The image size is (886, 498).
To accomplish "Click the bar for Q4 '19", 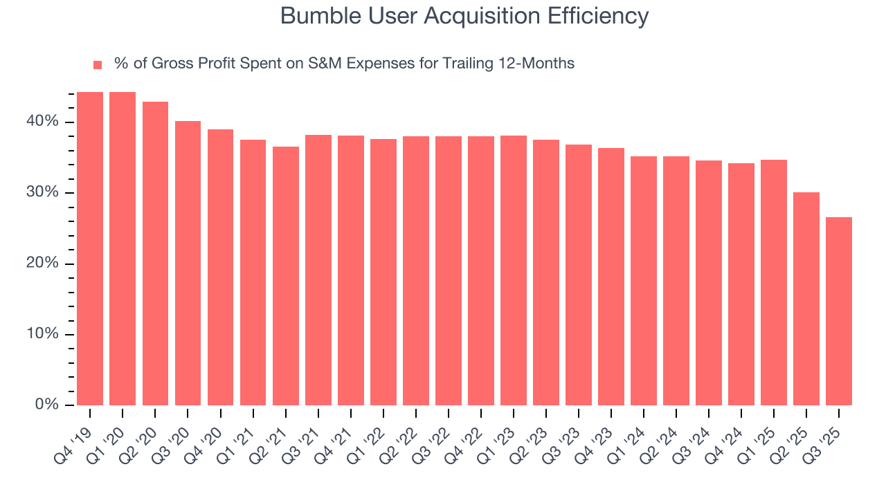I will point(90,249).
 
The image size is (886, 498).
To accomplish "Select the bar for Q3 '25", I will point(839,311).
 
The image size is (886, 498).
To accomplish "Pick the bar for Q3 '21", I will point(318,270).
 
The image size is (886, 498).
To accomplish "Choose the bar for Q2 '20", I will point(155,253).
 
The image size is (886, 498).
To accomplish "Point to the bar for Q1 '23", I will point(514,270).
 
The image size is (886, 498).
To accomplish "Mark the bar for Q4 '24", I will point(741,284).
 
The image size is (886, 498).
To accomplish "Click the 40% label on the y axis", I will point(43,122).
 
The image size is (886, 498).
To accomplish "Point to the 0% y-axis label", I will point(47,405).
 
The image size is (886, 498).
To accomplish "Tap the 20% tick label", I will point(43,264).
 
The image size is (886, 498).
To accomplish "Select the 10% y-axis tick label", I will point(43,334).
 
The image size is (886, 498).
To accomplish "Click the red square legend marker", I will point(98,64).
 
